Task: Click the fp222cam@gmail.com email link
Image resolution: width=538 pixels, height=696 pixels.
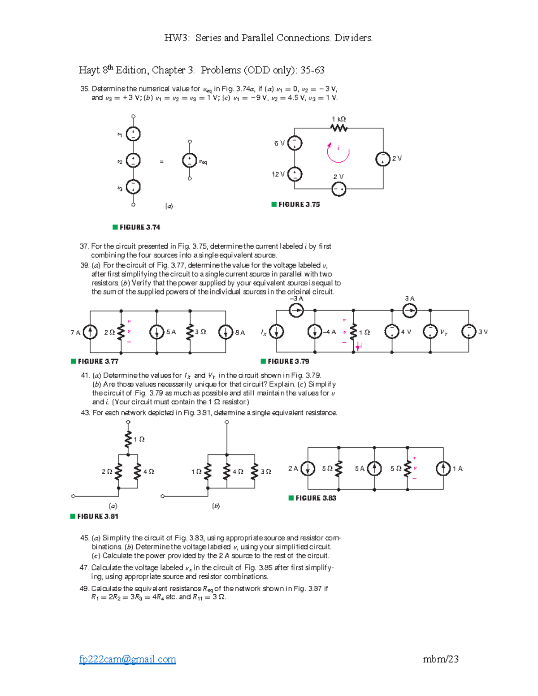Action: (x=127, y=659)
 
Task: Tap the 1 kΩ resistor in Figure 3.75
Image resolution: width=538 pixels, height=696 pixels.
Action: (x=339, y=128)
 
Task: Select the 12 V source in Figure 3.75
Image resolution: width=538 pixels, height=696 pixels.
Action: (x=295, y=174)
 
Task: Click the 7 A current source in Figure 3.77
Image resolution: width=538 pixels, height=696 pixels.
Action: (x=90, y=332)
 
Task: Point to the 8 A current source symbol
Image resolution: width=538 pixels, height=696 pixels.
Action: (x=225, y=332)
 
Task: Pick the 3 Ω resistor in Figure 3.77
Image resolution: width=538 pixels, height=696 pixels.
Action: (x=190, y=332)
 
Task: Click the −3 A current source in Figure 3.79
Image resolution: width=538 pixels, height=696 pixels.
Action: (x=296, y=310)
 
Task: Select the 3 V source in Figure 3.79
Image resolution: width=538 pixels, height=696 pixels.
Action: (x=469, y=332)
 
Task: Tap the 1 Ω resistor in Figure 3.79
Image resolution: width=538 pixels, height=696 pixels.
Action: (x=354, y=332)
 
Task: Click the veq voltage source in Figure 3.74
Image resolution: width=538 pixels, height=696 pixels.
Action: (x=190, y=160)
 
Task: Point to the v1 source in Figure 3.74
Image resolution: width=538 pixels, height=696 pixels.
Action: (x=133, y=134)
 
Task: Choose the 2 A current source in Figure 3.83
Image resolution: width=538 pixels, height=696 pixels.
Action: (x=308, y=469)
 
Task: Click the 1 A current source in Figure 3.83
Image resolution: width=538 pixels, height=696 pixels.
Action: (x=443, y=469)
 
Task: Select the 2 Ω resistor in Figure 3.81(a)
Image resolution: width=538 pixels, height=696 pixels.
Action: (x=118, y=471)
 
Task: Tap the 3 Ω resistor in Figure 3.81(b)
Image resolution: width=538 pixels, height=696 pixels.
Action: (x=255, y=471)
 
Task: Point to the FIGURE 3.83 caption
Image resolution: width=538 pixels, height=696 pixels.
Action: (x=315, y=498)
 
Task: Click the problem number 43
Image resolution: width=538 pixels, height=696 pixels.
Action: (x=85, y=413)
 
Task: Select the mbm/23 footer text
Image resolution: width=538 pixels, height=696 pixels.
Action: (x=440, y=659)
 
